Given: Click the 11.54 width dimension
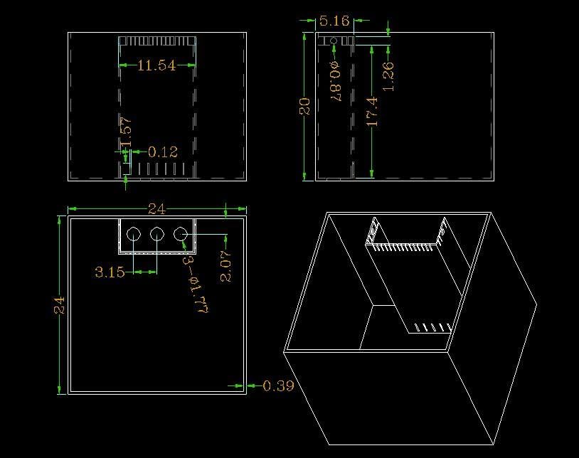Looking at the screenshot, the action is click(x=156, y=65).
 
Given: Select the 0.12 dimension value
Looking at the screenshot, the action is click(x=162, y=151).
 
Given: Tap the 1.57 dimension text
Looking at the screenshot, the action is click(x=126, y=132).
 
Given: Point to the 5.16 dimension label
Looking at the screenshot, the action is click(x=334, y=21).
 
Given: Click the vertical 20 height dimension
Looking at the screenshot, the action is click(x=305, y=106).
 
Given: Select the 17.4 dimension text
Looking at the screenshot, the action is click(x=372, y=112).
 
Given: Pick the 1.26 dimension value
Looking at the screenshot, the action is click(x=388, y=76).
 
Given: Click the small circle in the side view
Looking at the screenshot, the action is click(x=334, y=41).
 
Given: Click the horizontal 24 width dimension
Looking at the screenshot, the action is click(x=156, y=209).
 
